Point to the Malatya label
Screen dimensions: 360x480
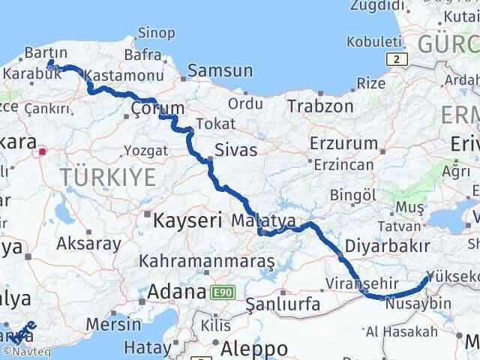coord(259,220)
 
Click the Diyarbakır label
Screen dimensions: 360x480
coord(387,246)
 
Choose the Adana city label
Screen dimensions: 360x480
coord(177,291)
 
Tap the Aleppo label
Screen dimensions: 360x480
coord(255,349)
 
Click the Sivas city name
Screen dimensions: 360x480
coord(236,150)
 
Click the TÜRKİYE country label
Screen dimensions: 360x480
coord(110,177)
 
